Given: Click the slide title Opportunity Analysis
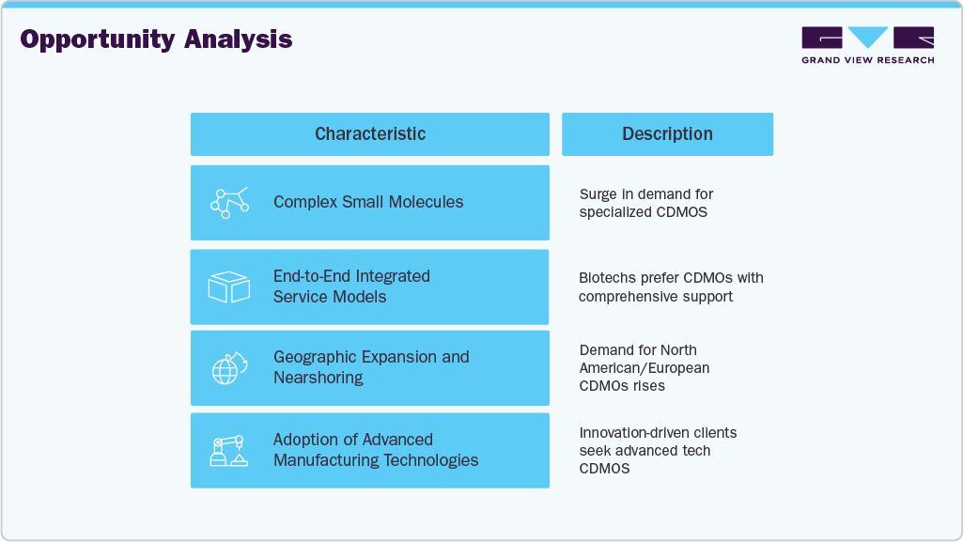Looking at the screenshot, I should (156, 39).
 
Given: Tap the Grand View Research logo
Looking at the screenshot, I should (867, 45).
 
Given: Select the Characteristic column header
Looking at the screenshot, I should (369, 134).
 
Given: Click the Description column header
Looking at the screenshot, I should (667, 134).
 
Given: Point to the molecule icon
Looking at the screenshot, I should (229, 203).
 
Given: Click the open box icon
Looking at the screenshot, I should (228, 287).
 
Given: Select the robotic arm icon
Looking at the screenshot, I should (228, 451).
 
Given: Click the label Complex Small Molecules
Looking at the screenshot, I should (368, 202).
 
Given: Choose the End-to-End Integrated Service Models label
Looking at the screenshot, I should (351, 286).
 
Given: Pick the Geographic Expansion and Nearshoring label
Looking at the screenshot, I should (371, 367).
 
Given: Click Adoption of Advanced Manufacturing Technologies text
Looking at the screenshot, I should (376, 450).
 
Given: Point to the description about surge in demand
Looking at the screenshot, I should (646, 203).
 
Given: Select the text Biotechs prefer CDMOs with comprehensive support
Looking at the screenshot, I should (671, 287).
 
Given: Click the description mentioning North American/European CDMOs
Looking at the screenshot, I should (645, 368).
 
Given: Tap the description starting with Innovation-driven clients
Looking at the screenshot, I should (658, 451).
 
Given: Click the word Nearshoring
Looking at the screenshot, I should (318, 378).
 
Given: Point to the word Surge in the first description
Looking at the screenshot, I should (598, 194).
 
